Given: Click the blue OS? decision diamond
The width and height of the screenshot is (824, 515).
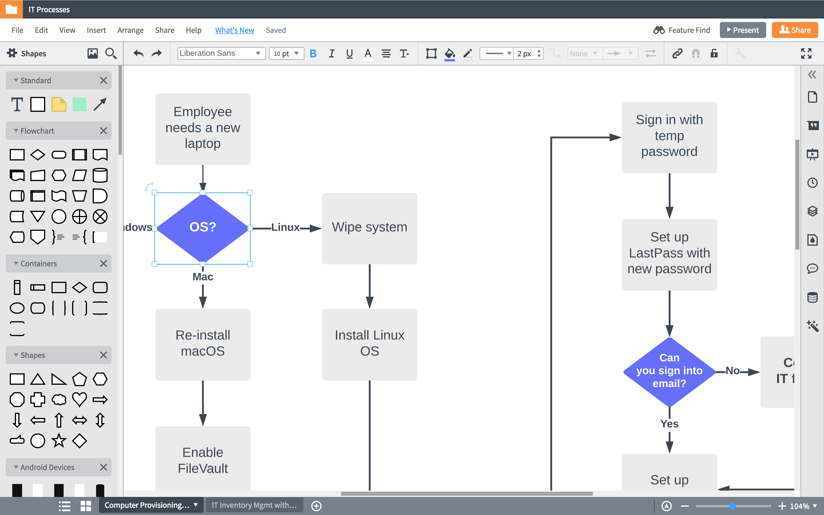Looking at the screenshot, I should [202, 227].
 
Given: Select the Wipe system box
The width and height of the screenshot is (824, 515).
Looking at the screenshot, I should [369, 228].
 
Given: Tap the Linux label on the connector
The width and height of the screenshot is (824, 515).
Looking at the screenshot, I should [285, 227].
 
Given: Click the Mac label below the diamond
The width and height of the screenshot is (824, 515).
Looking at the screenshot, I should [203, 277].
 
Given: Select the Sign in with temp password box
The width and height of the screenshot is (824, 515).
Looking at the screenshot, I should [669, 136].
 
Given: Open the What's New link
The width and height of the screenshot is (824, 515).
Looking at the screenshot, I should [235, 30].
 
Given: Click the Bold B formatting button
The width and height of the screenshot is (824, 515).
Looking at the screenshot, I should [313, 54].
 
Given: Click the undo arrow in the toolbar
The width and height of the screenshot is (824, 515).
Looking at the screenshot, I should [138, 54].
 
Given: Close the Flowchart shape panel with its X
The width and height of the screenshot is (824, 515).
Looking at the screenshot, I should [104, 131].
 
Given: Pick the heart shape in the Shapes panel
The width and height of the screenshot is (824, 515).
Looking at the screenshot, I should [79, 399].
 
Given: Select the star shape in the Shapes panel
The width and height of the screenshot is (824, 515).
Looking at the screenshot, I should [59, 441].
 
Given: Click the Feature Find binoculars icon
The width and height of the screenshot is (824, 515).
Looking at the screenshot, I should [659, 30].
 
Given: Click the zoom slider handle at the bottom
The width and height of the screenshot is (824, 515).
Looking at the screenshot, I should [732, 506].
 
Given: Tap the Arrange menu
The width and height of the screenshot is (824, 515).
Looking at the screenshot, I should [130, 30].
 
